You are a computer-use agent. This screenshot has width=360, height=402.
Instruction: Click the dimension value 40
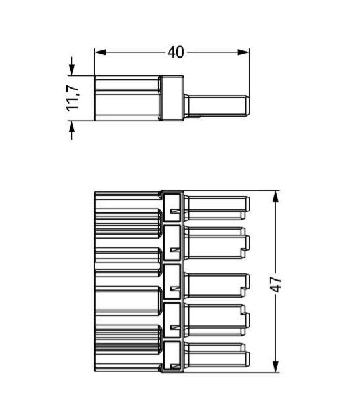(x=176, y=52)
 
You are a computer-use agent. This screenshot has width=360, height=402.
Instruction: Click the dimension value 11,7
(x=73, y=98)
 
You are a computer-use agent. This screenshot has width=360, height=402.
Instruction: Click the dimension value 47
(x=276, y=285)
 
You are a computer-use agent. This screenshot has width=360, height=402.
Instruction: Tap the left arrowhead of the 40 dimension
(x=100, y=52)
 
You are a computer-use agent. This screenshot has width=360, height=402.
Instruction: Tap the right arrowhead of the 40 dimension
(x=243, y=52)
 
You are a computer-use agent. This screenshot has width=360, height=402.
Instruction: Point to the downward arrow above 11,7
(x=71, y=66)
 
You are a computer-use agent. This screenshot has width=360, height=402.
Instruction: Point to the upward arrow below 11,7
(x=71, y=130)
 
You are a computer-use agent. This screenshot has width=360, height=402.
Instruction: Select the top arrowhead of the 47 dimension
(x=275, y=197)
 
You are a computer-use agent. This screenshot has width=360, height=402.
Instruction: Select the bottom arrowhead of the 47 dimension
(x=275, y=367)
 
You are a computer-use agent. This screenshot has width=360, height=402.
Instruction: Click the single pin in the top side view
(x=217, y=106)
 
